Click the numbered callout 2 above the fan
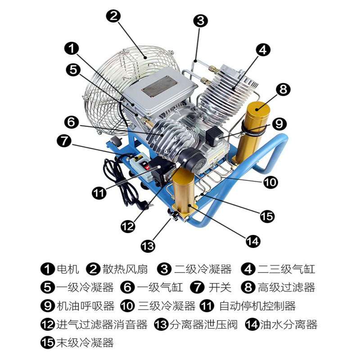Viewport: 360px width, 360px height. pyautogui.click(x=113, y=16)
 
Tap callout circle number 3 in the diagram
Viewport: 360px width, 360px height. pyautogui.click(x=200, y=21)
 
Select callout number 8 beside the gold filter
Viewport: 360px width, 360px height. pyautogui.click(x=283, y=89)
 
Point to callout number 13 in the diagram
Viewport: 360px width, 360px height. pyautogui.click(x=148, y=246)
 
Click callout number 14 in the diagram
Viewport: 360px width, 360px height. pyautogui.click(x=253, y=241)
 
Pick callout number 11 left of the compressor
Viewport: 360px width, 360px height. pyautogui.click(x=99, y=193)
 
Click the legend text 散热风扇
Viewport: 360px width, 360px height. pyautogui.click(x=125, y=269)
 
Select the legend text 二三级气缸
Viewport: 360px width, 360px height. pyautogui.click(x=286, y=269)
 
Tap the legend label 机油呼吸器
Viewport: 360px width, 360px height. pyautogui.click(x=85, y=306)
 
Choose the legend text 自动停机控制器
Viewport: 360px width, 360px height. pyautogui.click(x=257, y=306)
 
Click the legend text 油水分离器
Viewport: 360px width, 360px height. pyautogui.click(x=288, y=324)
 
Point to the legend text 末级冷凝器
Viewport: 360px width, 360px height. pyautogui.click(x=85, y=343)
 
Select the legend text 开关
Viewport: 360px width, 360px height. pyautogui.click(x=220, y=288)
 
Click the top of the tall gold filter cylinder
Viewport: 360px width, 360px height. pyautogui.click(x=258, y=107)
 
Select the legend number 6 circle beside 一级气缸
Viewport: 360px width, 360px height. pyautogui.click(x=127, y=288)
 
